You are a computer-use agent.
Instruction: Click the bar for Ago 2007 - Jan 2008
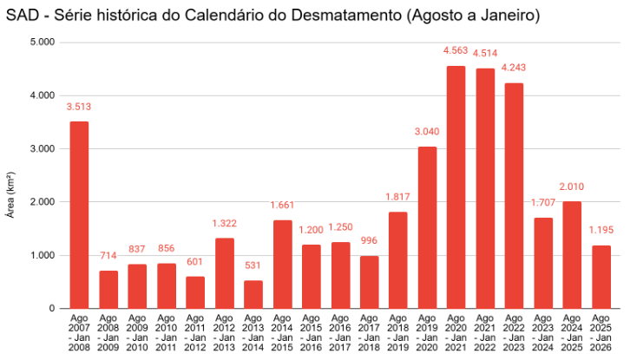point(79,214)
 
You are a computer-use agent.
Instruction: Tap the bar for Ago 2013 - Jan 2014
point(253,294)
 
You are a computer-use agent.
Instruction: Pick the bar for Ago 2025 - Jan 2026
point(600,277)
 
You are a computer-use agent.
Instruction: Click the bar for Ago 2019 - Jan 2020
point(427,227)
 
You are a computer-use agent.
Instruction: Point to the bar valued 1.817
point(397,260)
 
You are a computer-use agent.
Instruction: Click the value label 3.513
point(79,107)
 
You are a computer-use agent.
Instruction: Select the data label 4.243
point(514,68)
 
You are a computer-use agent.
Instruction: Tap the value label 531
point(253,265)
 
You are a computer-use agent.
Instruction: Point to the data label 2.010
point(572,187)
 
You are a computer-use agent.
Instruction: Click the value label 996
point(369,240)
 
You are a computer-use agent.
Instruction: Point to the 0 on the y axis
point(52,309)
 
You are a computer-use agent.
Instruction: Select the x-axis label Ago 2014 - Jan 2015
point(282,332)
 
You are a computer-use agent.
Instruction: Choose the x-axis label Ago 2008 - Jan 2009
point(108,332)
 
